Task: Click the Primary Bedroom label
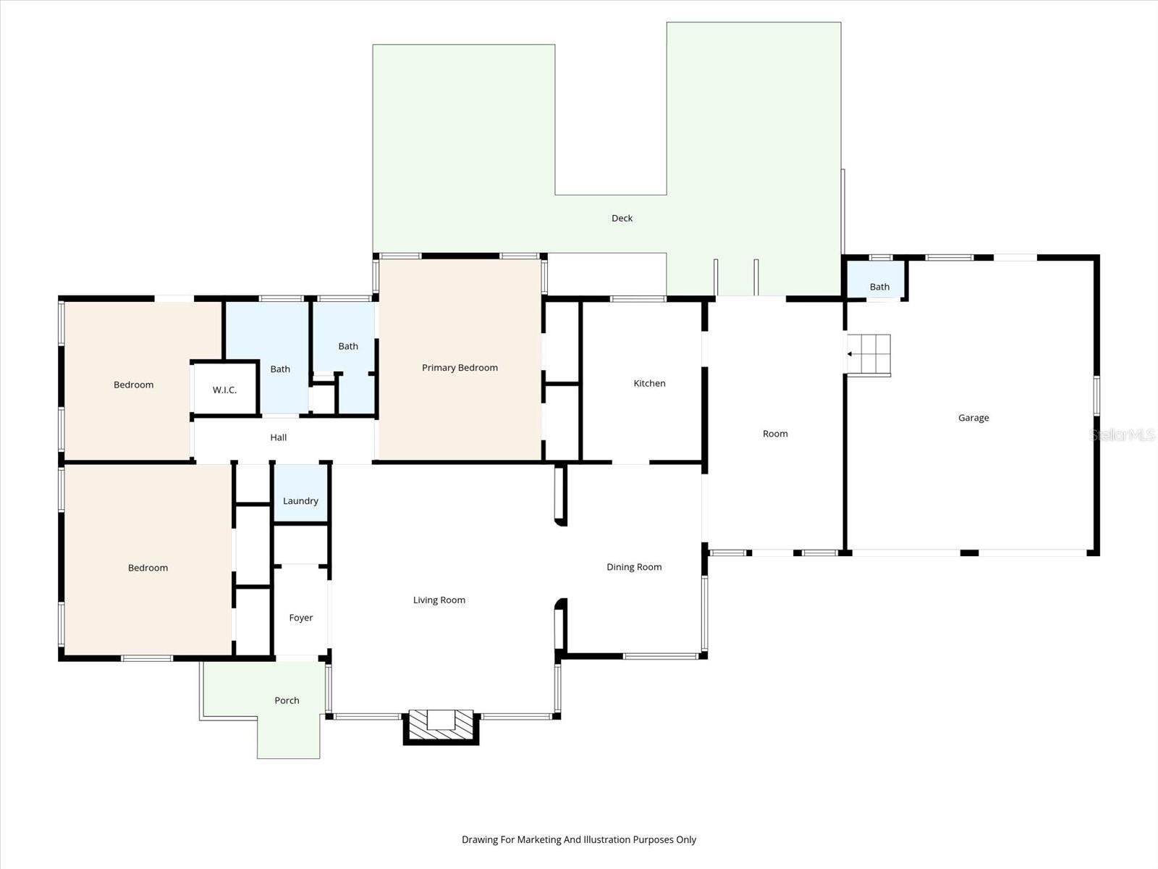point(460,368)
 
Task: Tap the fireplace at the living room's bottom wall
point(441,726)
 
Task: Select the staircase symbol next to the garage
point(869,355)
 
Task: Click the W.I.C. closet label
point(224,390)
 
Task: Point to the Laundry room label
point(300,501)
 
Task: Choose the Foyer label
point(301,618)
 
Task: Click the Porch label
point(287,700)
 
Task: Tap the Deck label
point(622,218)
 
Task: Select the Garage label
point(973,418)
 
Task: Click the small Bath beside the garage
point(879,287)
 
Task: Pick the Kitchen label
point(649,383)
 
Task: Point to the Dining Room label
point(634,567)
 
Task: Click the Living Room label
point(439,600)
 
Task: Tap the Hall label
point(279,437)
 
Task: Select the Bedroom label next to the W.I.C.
point(134,385)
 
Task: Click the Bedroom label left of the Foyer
point(148,568)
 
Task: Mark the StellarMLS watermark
point(1123,434)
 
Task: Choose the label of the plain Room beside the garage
point(775,434)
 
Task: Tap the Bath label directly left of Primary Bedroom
point(348,346)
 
